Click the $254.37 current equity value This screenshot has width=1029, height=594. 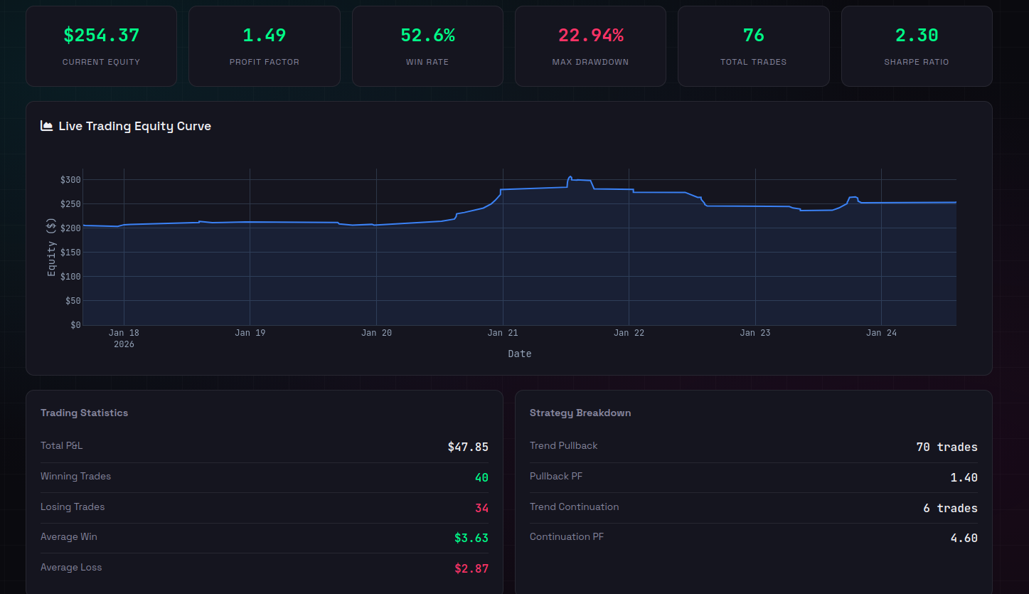point(101,35)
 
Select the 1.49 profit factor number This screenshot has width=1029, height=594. point(265,35)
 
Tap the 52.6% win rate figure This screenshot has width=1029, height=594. point(427,35)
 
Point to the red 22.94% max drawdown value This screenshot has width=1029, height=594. point(590,35)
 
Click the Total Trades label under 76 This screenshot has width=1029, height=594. point(753,62)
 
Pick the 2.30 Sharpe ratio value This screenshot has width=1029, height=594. point(917,35)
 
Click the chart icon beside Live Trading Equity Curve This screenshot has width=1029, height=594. point(47,126)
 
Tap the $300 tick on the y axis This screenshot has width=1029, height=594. point(71,180)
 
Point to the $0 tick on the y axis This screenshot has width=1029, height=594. point(75,325)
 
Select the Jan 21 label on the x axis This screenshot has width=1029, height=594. point(503,333)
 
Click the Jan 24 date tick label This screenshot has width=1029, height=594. point(881,333)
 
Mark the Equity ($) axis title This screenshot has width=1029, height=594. point(51,248)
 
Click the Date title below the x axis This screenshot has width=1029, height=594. point(519,354)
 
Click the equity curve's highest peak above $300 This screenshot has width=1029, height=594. point(570,177)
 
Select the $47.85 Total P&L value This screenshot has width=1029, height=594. point(468,447)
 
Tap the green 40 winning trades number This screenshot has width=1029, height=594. point(481,477)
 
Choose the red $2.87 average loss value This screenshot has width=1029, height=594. point(471,568)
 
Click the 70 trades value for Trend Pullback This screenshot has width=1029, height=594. point(947,447)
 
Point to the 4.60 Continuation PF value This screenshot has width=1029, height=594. point(964,538)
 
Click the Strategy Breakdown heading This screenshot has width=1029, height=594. point(580,413)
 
